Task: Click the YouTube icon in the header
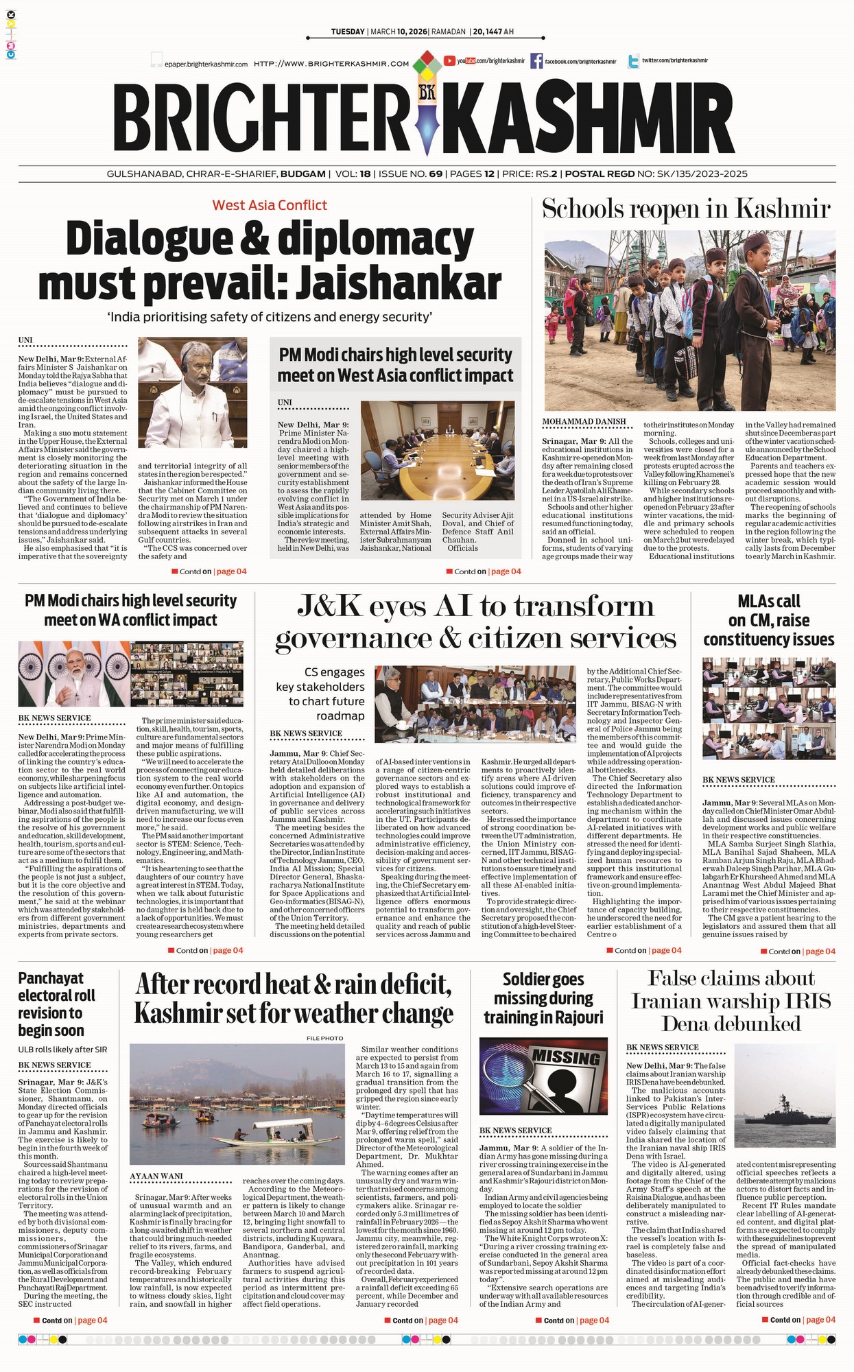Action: click(x=450, y=61)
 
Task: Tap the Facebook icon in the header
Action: click(x=536, y=61)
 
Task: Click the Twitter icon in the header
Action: click(x=633, y=61)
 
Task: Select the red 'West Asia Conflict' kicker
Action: click(x=270, y=205)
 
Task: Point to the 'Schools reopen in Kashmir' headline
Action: click(x=686, y=209)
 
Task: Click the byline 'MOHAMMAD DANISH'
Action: click(x=584, y=422)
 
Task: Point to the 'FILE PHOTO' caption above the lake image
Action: click(x=324, y=1038)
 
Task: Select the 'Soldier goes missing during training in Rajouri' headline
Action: click(x=543, y=998)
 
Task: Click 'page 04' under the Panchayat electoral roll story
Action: click(x=93, y=1321)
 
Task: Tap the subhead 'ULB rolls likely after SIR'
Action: click(x=63, y=1050)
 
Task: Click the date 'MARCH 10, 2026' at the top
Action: click(x=399, y=32)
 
